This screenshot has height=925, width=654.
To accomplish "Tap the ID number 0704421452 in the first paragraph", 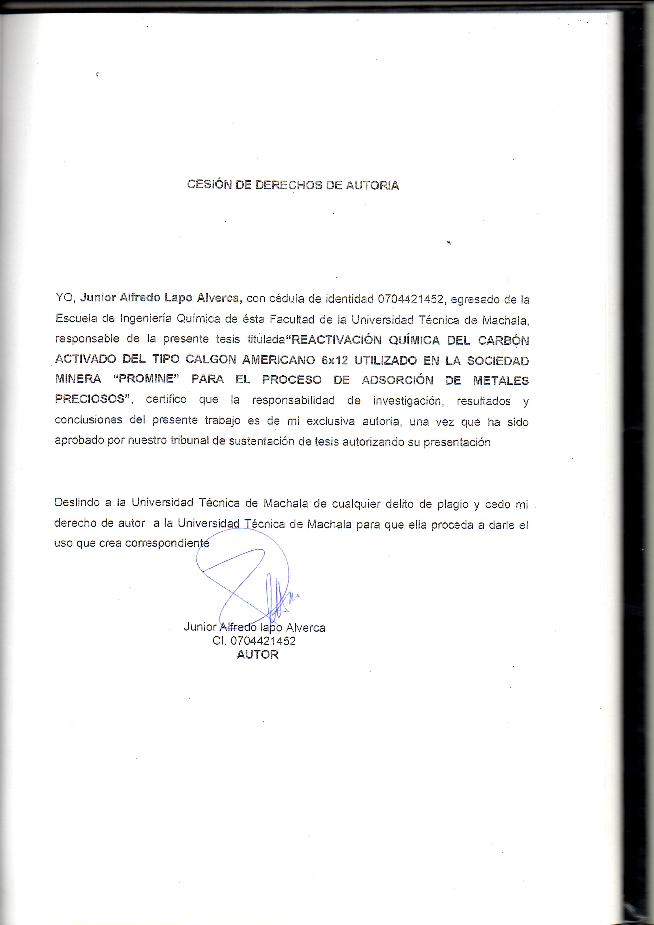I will coord(410,299).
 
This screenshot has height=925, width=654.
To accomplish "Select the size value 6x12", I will coord(334,360).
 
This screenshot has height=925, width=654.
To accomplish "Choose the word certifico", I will coord(166,399).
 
